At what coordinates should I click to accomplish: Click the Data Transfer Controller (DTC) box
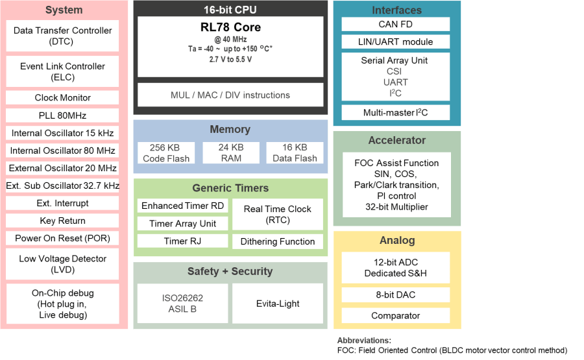tap(62, 36)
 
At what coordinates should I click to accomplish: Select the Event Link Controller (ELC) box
tap(62, 72)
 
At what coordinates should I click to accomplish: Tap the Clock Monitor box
tap(62, 97)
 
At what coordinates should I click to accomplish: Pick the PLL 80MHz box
tap(62, 115)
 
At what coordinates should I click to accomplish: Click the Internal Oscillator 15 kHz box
tap(62, 133)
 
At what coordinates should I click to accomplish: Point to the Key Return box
tap(62, 221)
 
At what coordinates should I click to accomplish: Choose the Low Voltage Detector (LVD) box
tap(62, 264)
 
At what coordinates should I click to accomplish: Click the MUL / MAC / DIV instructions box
tap(230, 95)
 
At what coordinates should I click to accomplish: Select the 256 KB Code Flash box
tap(166, 153)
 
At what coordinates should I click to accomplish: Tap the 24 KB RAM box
tap(230, 153)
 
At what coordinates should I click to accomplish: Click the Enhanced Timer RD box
tap(182, 206)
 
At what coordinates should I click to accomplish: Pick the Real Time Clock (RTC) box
tap(277, 215)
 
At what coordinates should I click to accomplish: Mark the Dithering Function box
tap(277, 241)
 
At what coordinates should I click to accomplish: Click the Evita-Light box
tap(277, 304)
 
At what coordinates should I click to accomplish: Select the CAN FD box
tap(395, 25)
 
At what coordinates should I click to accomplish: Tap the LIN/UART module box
tap(395, 42)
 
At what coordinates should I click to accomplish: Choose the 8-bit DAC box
tap(395, 295)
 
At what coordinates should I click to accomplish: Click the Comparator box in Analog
tap(395, 316)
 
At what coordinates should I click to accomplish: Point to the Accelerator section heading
tap(396, 140)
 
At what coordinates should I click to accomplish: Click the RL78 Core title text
tap(230, 27)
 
